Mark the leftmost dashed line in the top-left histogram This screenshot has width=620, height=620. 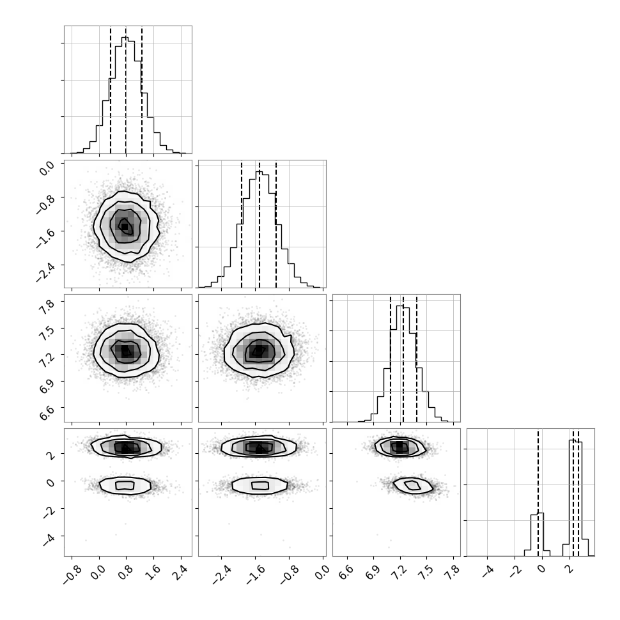(111, 89)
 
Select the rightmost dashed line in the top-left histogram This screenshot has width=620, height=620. (141, 89)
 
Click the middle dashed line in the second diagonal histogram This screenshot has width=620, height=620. (260, 224)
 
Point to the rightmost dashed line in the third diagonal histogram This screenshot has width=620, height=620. (416, 358)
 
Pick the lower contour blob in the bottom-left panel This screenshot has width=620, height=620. (125, 485)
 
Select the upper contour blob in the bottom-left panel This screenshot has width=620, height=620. (126, 447)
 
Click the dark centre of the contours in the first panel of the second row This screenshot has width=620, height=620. (125, 226)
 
